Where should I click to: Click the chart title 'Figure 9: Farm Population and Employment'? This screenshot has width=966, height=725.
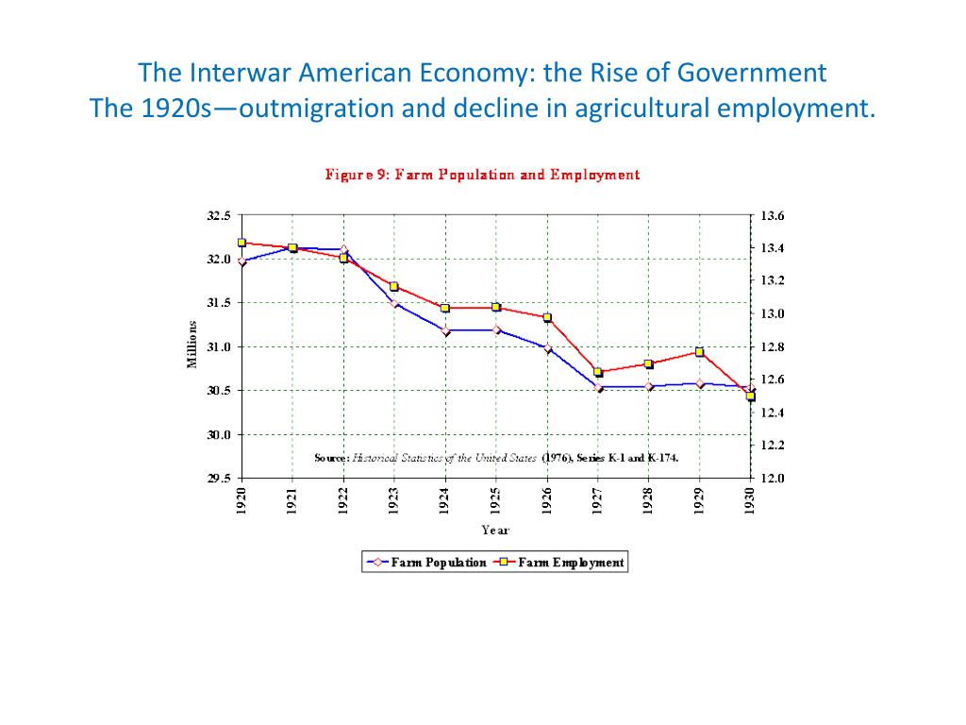pyautogui.click(x=482, y=174)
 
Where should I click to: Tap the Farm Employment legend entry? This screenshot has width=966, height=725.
pyautogui.click(x=558, y=563)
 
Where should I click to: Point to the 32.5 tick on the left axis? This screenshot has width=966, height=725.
pyautogui.click(x=218, y=215)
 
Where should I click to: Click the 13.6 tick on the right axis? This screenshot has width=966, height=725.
pyautogui.click(x=772, y=215)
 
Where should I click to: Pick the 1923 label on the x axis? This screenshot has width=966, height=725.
pyautogui.click(x=393, y=500)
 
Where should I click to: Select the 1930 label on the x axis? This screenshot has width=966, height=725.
pyautogui.click(x=750, y=500)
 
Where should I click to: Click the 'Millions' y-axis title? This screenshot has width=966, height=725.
pyautogui.click(x=192, y=346)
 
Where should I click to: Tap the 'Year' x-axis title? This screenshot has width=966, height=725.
pyautogui.click(x=495, y=530)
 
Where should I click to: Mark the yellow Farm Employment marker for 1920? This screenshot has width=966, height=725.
pyautogui.click(x=241, y=243)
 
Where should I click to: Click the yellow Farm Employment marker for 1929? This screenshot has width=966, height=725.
pyautogui.click(x=699, y=352)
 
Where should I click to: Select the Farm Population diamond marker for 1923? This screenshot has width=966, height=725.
pyautogui.click(x=394, y=303)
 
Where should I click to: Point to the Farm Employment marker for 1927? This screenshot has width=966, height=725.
pyautogui.click(x=598, y=372)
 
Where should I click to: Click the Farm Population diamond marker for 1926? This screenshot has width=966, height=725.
pyautogui.click(x=547, y=348)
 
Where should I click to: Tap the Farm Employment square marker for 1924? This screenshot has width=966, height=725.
pyautogui.click(x=445, y=308)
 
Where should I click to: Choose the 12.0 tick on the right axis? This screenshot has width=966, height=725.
pyautogui.click(x=772, y=479)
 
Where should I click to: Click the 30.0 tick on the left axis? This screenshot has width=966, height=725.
pyautogui.click(x=218, y=434)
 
